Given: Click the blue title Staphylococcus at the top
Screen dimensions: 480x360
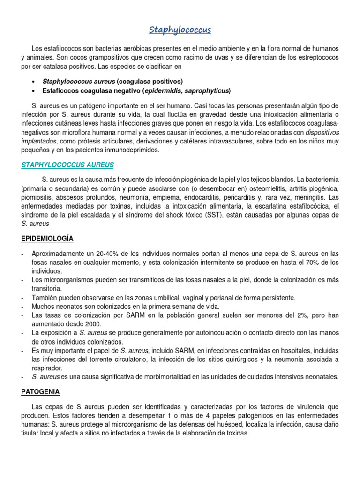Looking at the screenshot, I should (180, 30).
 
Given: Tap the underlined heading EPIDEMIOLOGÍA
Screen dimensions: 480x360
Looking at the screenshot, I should (47, 238).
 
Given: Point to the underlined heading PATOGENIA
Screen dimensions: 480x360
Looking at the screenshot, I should (40, 392).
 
